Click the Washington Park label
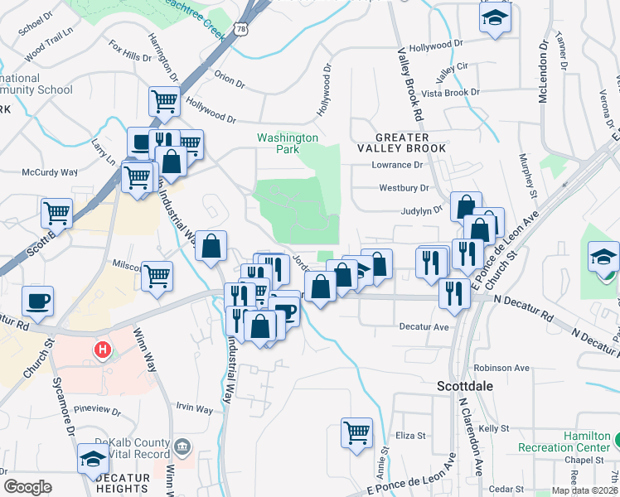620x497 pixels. tap(287, 143)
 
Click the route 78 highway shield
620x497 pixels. tap(240, 28)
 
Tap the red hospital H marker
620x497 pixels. tap(103, 350)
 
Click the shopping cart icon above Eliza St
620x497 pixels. tap(356, 431)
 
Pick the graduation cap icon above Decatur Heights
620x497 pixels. tap(92, 458)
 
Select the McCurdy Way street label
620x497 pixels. tap(49, 172)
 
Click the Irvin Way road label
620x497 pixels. tap(195, 408)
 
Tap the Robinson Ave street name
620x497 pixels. tap(501, 368)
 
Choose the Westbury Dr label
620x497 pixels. tap(404, 189)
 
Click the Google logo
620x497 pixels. tap(27, 487)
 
